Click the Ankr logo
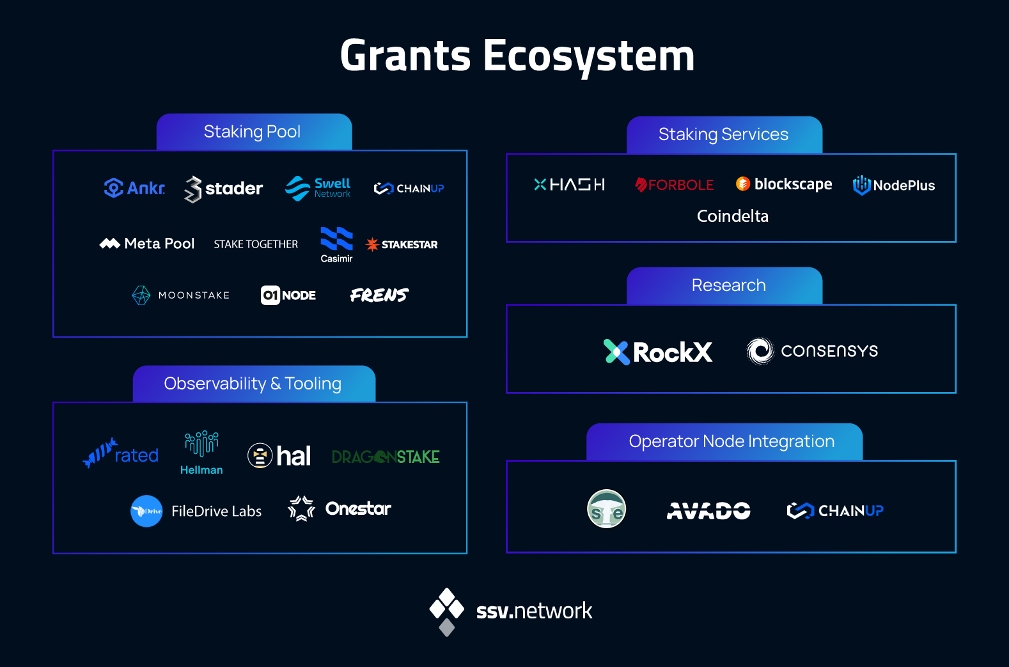coord(134,188)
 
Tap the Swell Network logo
coord(318,188)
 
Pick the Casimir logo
coord(336,245)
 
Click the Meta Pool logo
coord(147,244)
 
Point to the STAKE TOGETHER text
coord(256,244)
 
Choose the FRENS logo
coord(380,295)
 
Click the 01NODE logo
coord(288,295)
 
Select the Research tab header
coord(724,285)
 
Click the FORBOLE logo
coord(675,185)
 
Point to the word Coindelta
coord(732,216)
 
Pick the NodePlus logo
coord(894,185)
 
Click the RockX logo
coord(658,352)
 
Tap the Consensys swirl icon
coord(760,351)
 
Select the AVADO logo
coord(708,511)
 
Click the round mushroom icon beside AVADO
coord(606,509)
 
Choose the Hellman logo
coord(201,453)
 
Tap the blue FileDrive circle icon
coord(146,511)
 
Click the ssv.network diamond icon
coord(446,611)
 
